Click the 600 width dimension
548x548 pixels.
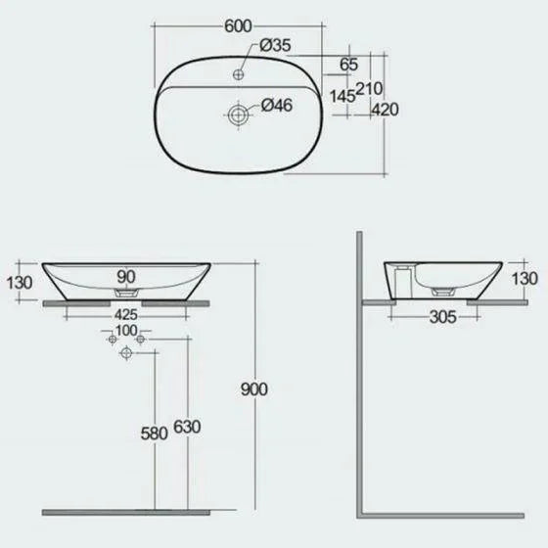238,26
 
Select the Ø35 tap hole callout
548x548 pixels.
275,45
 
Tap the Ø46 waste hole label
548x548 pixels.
277,106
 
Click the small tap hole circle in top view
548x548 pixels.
239,74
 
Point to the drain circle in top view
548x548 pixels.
238,114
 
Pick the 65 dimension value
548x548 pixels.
348,65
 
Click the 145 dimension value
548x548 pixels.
342,96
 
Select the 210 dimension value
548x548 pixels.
369,88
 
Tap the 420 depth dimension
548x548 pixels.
385,110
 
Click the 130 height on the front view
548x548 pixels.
20,283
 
